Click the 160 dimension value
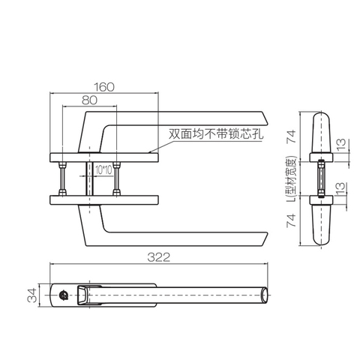(x=106, y=87)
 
